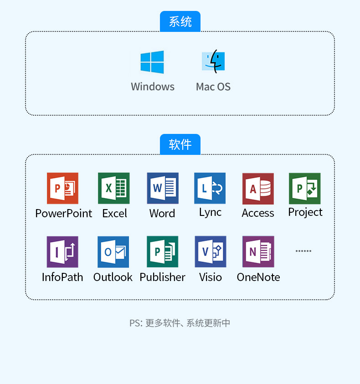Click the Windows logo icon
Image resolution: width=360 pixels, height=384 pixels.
152,62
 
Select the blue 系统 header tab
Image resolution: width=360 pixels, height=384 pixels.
180,21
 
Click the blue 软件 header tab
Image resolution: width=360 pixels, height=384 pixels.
180,144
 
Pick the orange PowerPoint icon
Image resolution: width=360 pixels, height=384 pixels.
62,188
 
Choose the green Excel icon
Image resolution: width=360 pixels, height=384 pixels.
114,188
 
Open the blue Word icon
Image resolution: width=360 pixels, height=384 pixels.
163,188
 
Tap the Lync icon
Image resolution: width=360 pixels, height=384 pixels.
210,188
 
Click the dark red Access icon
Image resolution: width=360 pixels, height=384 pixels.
258,189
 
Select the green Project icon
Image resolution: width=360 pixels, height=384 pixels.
305,189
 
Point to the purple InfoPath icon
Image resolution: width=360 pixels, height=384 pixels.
62,252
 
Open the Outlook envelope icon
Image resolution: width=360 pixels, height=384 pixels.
113,252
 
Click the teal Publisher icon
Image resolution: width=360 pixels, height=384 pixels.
163,252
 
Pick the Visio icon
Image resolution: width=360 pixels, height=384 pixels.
211,252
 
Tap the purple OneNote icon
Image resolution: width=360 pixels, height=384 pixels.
258,252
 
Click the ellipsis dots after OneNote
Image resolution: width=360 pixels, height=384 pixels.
303,251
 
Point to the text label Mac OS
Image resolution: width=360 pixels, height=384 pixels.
213,87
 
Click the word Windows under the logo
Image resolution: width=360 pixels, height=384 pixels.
153,87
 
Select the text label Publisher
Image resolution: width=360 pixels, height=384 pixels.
163,277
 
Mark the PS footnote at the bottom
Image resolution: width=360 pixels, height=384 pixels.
180,323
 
